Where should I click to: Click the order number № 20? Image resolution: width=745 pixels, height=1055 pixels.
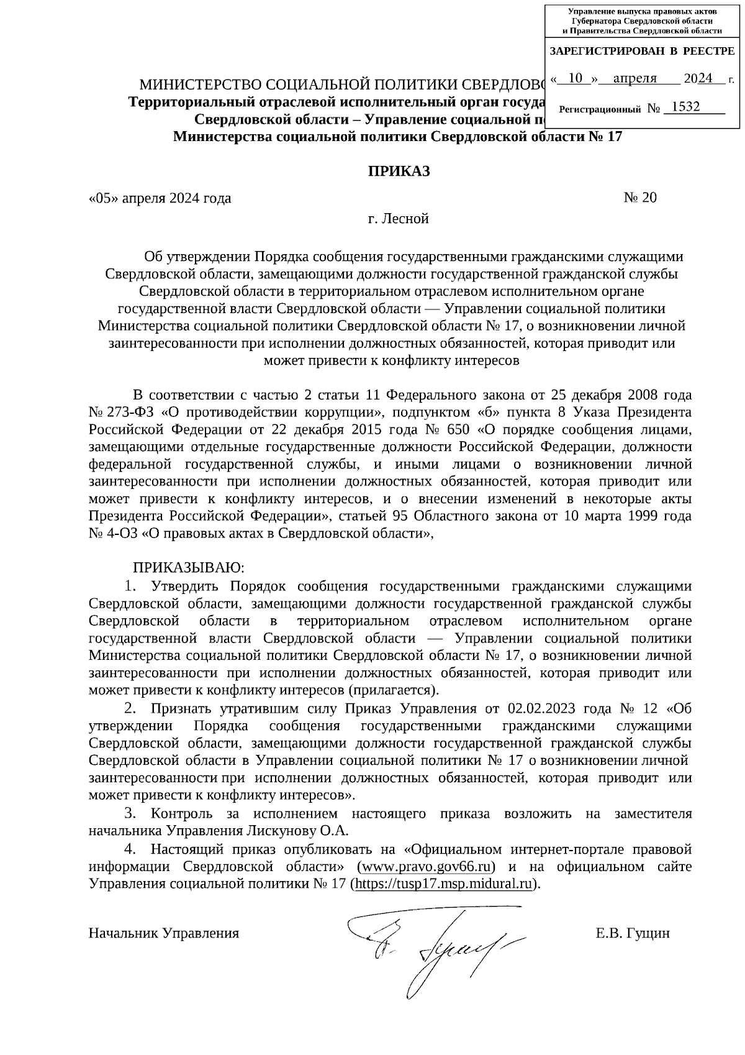639,198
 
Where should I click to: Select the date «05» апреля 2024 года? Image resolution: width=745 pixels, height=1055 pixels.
160,198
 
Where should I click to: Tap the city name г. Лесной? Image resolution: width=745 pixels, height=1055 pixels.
398,219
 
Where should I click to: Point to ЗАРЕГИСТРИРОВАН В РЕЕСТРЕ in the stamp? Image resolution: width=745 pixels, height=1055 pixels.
642,52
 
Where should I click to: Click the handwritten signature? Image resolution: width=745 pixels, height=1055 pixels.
428,943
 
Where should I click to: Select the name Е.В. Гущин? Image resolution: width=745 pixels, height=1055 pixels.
632,933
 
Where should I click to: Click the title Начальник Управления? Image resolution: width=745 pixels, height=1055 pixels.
164,933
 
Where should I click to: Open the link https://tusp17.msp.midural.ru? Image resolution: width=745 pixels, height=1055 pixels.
443,884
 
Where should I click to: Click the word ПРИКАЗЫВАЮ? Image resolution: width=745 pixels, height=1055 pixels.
189,568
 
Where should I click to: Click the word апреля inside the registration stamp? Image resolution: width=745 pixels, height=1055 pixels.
634,78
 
